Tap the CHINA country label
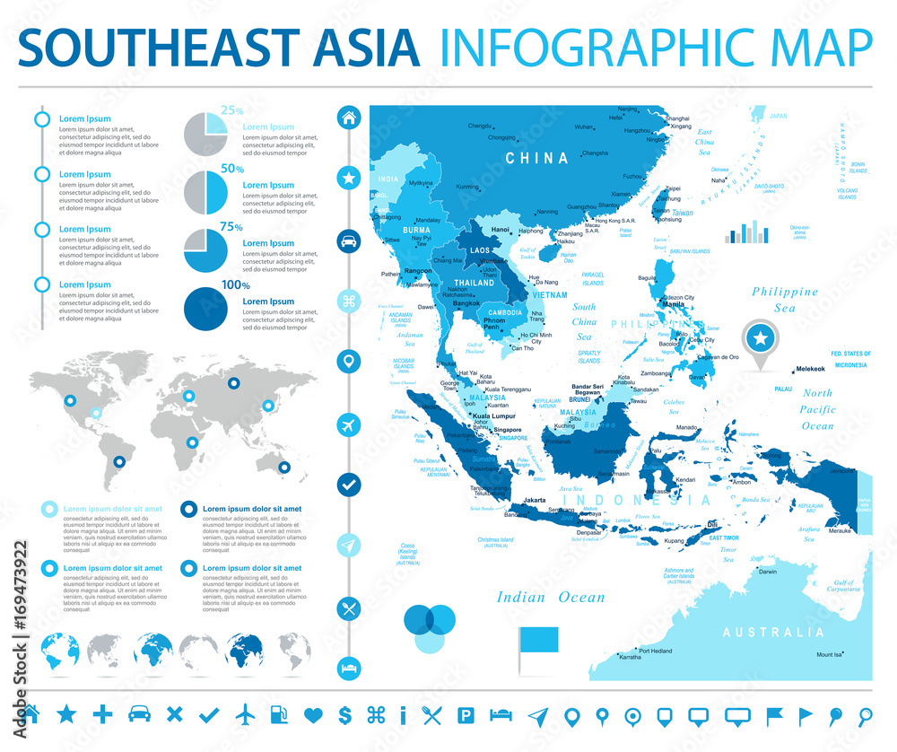pyautogui.click(x=537, y=158)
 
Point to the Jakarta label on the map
pyautogui.click(x=535, y=499)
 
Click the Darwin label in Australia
pyautogui.click(x=768, y=572)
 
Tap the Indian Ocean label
pyautogui.click(x=551, y=597)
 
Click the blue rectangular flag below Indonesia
pyautogui.click(x=538, y=638)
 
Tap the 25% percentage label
pyautogui.click(x=232, y=110)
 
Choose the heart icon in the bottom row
pyautogui.click(x=312, y=715)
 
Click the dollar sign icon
pyautogui.click(x=344, y=715)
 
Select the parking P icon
pyautogui.click(x=466, y=715)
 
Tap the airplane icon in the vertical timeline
pyautogui.click(x=348, y=424)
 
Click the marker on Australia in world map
pyautogui.click(x=283, y=467)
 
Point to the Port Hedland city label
pyautogui.click(x=655, y=651)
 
